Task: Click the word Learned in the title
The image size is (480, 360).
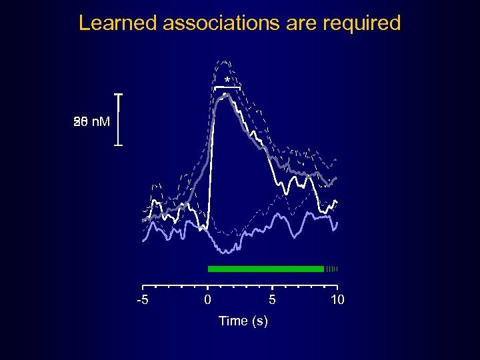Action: coord(117,23)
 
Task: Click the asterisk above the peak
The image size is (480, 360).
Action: coord(227,81)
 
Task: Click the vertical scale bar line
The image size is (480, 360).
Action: coord(119,120)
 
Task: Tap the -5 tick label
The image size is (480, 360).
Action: coord(142,300)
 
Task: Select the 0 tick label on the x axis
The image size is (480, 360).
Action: coord(207,300)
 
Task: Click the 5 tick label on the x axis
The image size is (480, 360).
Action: coord(272,300)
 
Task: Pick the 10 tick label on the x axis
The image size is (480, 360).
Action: coord(337,300)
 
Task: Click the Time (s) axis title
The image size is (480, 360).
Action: coord(243,321)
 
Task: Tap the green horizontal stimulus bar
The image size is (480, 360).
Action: coord(265,269)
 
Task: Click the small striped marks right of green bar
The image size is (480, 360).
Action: coord(332,269)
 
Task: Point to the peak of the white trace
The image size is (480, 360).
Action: coord(227,94)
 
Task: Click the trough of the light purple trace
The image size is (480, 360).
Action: coord(227,251)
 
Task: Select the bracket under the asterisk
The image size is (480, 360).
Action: coord(227,87)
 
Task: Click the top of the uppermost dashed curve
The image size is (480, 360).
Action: coord(225,61)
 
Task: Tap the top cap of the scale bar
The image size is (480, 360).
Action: coord(119,95)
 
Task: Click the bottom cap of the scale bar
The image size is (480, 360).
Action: coord(119,145)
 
